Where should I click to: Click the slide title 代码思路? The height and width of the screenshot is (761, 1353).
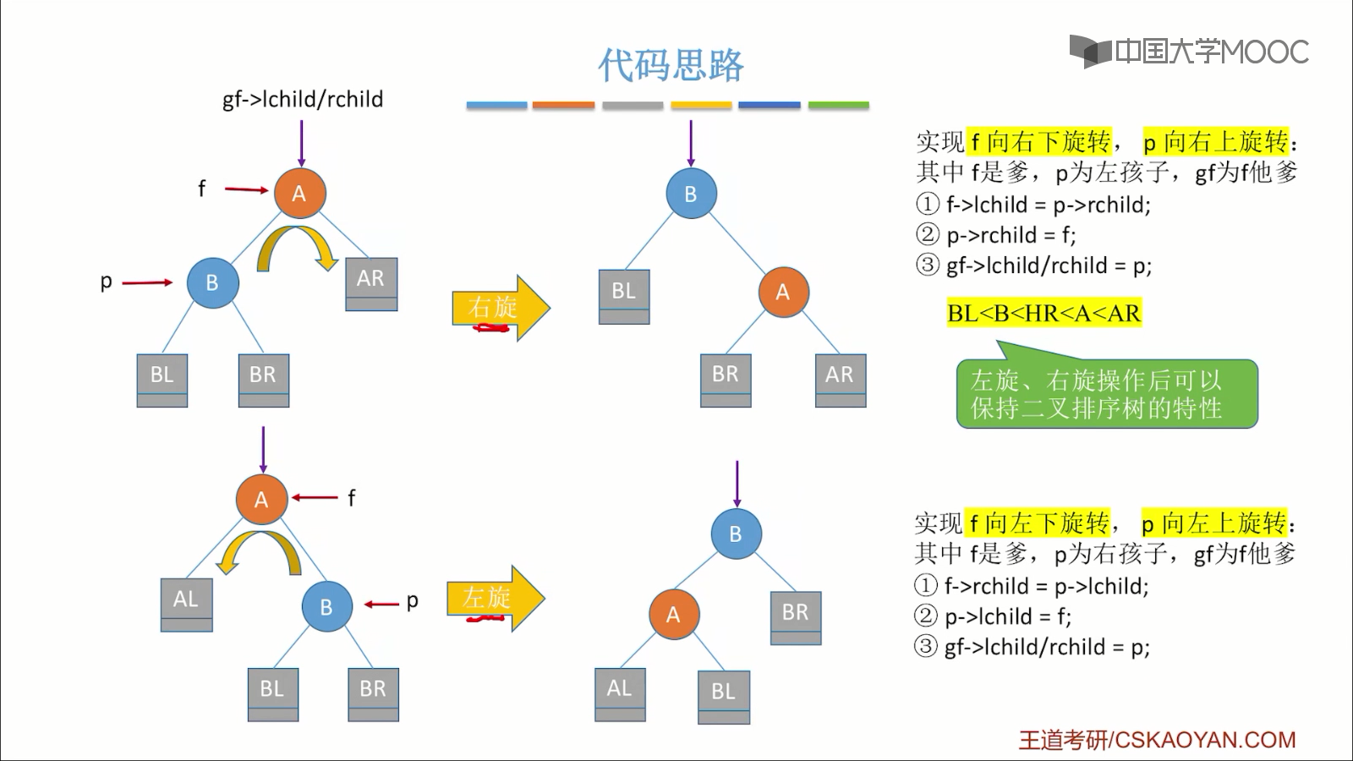pyautogui.click(x=671, y=65)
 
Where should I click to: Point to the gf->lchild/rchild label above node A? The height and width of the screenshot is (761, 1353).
pyautogui.click(x=303, y=100)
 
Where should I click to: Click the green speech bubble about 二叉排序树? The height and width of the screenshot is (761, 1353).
pyautogui.click(x=1106, y=394)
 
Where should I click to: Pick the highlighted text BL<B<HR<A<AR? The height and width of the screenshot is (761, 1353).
pyautogui.click(x=1044, y=314)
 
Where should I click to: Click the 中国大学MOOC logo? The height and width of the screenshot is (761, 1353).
pyautogui.click(x=1189, y=52)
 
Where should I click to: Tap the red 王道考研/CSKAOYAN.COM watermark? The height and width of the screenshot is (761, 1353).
pyautogui.click(x=1157, y=740)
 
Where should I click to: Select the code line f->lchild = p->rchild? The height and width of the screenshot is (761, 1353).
pyautogui.click(x=1047, y=205)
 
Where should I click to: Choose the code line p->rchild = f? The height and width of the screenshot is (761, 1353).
pyautogui.click(x=1010, y=235)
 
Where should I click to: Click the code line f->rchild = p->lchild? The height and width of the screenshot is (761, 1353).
pyautogui.click(x=1045, y=586)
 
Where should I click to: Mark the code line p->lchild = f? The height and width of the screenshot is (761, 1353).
pyautogui.click(x=1007, y=616)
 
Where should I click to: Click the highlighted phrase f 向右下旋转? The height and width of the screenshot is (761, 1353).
pyautogui.click(x=1039, y=141)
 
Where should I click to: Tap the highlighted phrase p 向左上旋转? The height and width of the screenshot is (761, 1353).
pyautogui.click(x=1213, y=523)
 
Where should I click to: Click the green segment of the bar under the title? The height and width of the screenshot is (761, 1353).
pyautogui.click(x=838, y=106)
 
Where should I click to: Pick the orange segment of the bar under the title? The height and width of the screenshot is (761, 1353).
pyautogui.click(x=563, y=106)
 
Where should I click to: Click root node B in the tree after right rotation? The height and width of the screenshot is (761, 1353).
pyautogui.click(x=691, y=194)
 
